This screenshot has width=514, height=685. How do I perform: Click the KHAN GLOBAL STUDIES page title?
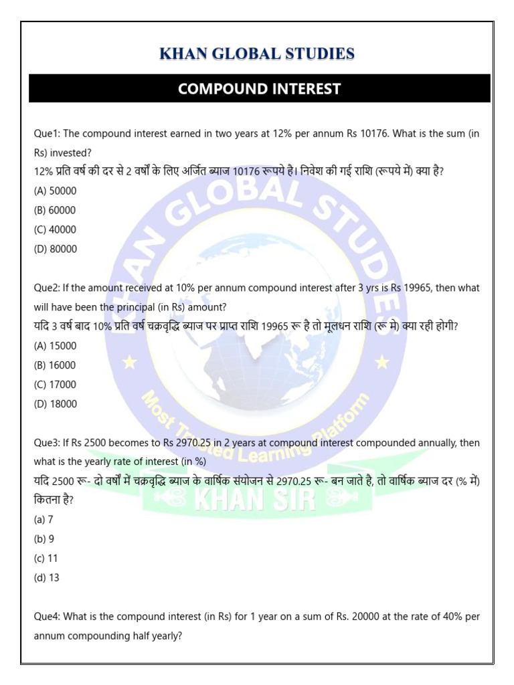pyautogui.click(x=257, y=54)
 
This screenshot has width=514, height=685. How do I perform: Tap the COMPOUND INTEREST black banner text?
pyautogui.click(x=259, y=88)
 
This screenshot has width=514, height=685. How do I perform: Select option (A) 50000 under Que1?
pyautogui.click(x=55, y=191)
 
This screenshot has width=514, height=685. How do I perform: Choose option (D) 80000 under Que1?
pyautogui.click(x=55, y=249)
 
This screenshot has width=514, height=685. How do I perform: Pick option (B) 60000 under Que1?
pyautogui.click(x=55, y=210)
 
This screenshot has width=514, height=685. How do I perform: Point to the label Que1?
pyautogui.click(x=46, y=133)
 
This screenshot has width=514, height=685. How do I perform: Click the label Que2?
pyautogui.click(x=46, y=288)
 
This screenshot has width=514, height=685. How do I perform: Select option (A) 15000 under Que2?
pyautogui.click(x=55, y=346)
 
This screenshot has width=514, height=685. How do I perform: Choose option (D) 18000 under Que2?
pyautogui.click(x=55, y=404)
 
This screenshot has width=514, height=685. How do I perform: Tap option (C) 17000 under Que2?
pyautogui.click(x=55, y=385)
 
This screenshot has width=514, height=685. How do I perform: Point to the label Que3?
pyautogui.click(x=46, y=443)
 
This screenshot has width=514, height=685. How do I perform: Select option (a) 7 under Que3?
pyautogui.click(x=44, y=519)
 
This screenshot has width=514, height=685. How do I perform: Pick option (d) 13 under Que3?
pyautogui.click(x=46, y=577)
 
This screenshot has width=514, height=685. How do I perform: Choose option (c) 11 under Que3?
pyautogui.click(x=46, y=558)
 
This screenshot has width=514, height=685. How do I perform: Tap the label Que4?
pyautogui.click(x=46, y=616)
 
